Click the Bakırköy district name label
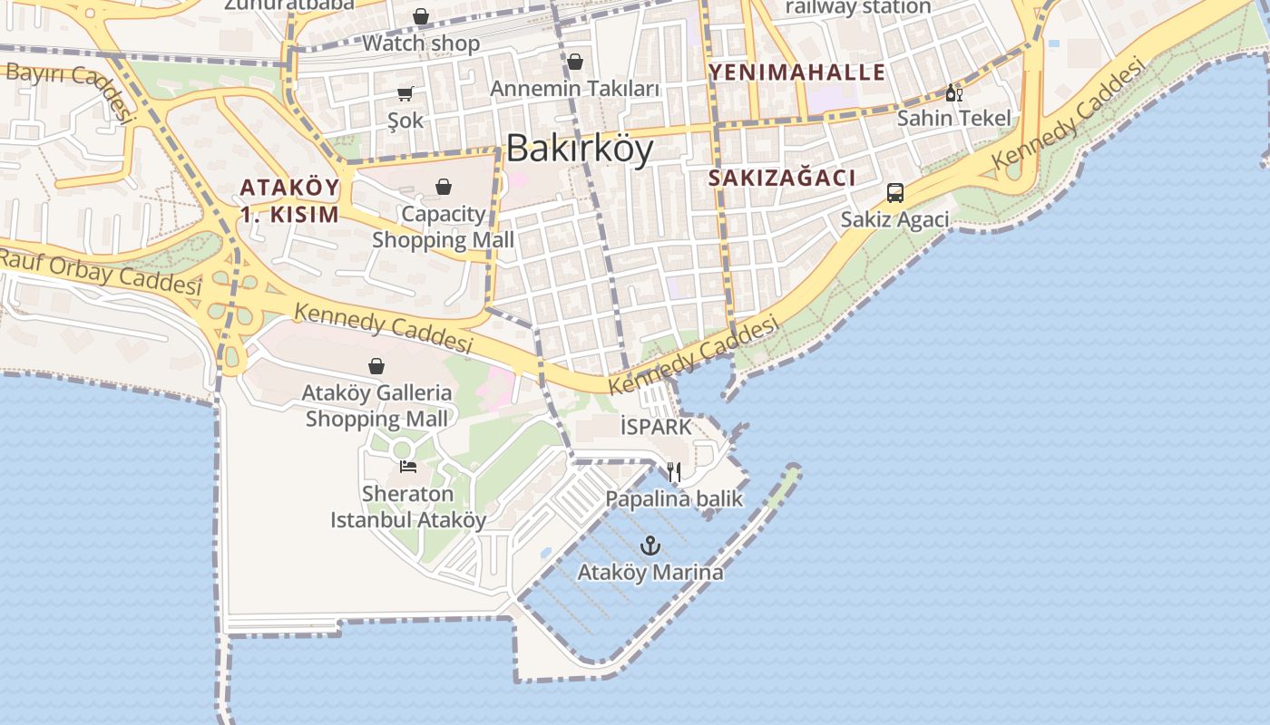(x=579, y=149)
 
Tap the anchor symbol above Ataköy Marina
(x=650, y=546)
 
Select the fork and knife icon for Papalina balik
(x=674, y=472)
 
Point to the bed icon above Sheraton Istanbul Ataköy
(x=408, y=468)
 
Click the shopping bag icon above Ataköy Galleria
(x=376, y=366)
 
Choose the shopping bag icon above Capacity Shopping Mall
(x=444, y=187)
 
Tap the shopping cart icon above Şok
(x=405, y=93)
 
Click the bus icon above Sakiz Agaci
(x=894, y=193)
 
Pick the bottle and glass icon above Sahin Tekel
(x=953, y=92)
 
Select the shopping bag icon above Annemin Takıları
(x=575, y=62)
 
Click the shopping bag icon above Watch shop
(x=421, y=16)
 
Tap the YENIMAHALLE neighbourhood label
(x=796, y=72)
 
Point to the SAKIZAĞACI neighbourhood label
(x=781, y=178)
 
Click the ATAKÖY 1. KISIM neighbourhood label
(x=289, y=201)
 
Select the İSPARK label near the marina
(x=656, y=426)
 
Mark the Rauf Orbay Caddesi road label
(x=100, y=271)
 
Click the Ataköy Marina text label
(x=650, y=573)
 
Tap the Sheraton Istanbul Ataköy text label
(x=408, y=507)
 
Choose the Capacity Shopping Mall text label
(x=443, y=227)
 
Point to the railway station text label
(x=857, y=7)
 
